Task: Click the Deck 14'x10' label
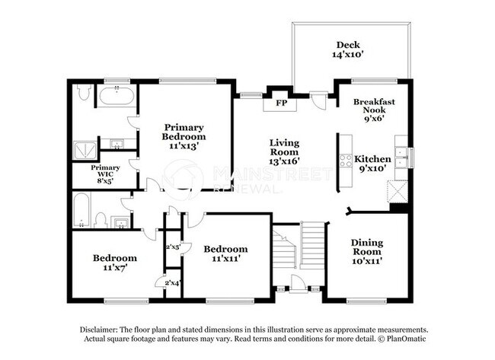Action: tap(353, 50)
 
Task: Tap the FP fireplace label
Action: tap(281, 102)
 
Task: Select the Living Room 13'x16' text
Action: tap(284, 151)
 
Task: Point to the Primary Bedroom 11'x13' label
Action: tap(184, 136)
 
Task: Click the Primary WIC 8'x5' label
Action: tap(106, 174)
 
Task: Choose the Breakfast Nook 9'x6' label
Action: tap(374, 110)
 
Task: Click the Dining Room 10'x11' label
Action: tap(367, 251)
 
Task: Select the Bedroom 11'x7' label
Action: tap(115, 263)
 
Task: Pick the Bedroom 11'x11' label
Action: tap(225, 253)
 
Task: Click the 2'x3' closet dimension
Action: tap(173, 247)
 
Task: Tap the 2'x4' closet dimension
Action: tap(173, 283)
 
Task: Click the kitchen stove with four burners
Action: tap(346, 161)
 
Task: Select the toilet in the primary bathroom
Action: tap(85, 95)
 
